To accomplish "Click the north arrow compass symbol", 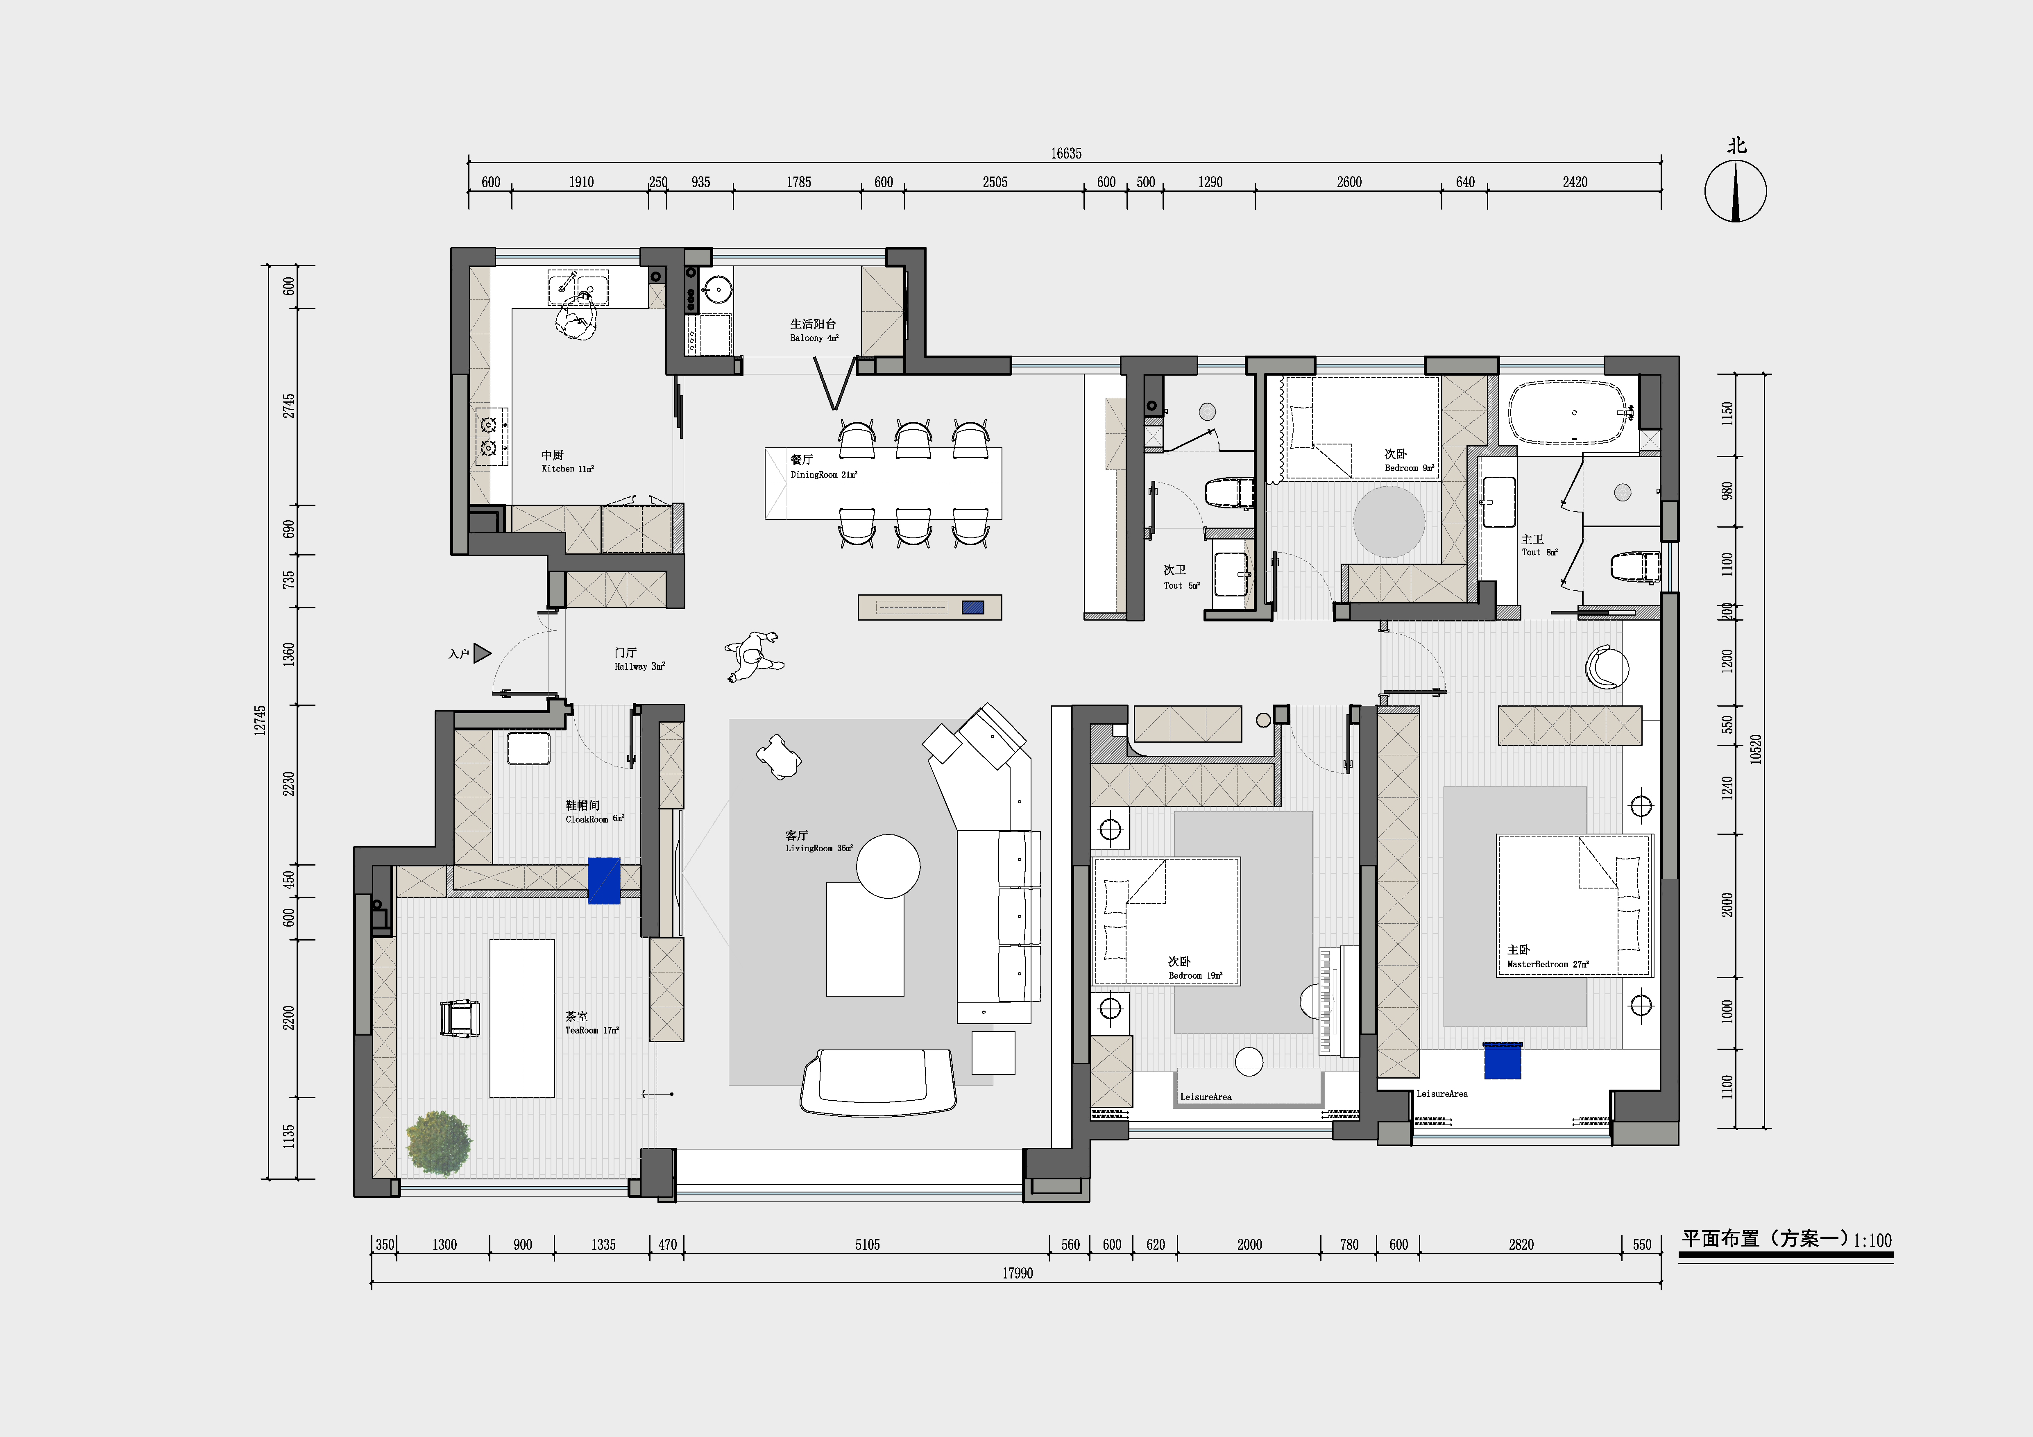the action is point(1736,190).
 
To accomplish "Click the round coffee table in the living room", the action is point(888,866).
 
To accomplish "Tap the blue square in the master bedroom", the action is point(1503,1061).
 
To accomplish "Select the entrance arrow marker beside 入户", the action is point(482,653).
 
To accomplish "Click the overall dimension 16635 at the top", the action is point(1066,153).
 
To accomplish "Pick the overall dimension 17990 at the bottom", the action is point(1018,1273).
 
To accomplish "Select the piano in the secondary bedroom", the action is point(1337,1000).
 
